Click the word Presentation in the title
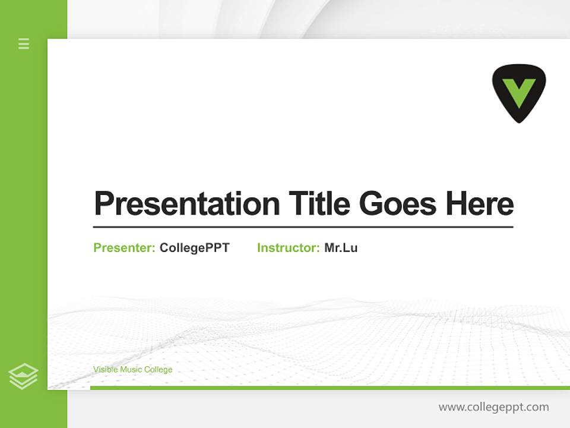[186, 204]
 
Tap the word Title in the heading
[319, 204]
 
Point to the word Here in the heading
[480, 204]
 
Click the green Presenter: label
[124, 248]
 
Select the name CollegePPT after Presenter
[194, 248]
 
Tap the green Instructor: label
[288, 248]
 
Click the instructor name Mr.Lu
[341, 248]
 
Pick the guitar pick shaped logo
[519, 93]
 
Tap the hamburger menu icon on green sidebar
[24, 43]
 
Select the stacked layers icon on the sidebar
[23, 376]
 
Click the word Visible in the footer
[105, 370]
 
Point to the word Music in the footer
[131, 370]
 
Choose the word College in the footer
[159, 370]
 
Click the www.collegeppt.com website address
[493, 407]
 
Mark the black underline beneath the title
[303, 227]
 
